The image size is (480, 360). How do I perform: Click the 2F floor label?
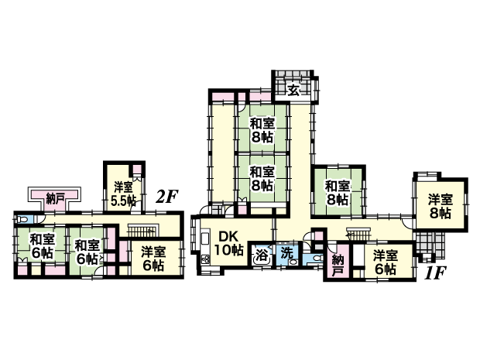click(x=166, y=197)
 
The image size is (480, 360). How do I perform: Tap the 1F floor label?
click(x=435, y=273)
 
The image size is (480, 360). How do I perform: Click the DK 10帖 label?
click(x=228, y=243)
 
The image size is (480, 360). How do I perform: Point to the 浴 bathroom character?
click(x=262, y=255)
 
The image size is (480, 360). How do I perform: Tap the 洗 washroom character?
click(x=286, y=253)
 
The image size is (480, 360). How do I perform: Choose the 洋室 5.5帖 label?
click(x=123, y=194)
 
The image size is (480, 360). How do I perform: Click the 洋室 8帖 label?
click(x=440, y=207)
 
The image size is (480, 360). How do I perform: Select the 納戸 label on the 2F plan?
click(x=55, y=199)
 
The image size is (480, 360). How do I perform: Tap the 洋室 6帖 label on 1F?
click(x=386, y=262)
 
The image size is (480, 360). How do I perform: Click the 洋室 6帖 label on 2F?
click(x=153, y=259)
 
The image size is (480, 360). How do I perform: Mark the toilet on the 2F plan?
click(x=22, y=220)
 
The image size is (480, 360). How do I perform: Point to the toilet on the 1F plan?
click(x=316, y=258)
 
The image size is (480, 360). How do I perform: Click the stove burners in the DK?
click(x=205, y=260)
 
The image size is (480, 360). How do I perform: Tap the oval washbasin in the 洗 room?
click(x=293, y=262)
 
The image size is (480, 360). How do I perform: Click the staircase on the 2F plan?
click(x=142, y=231)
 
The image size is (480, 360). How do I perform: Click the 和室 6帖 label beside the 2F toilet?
click(x=42, y=246)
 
